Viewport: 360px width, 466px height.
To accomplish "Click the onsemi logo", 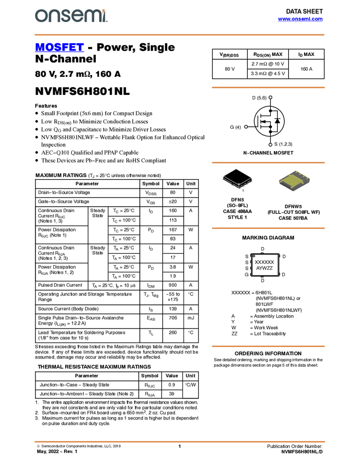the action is point(71,16).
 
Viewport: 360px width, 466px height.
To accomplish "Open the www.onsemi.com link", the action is point(300,19).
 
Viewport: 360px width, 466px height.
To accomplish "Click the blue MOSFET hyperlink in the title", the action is point(59,47).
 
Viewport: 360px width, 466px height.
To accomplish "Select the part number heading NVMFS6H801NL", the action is point(82,91).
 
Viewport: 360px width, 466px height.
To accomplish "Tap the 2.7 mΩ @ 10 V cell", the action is point(267,64).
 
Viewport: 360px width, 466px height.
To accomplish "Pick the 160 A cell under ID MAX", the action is point(306,69).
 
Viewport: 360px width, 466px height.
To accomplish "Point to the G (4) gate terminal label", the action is point(235,127).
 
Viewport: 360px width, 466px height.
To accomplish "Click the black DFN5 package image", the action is point(237,179).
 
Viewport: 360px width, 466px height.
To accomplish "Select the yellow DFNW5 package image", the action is point(294,180).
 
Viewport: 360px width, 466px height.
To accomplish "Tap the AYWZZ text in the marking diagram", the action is point(264,268).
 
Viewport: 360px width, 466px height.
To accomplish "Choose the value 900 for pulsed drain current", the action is point(173,285).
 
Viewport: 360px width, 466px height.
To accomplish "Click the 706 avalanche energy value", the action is point(173,318).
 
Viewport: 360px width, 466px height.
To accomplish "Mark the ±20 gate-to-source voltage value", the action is point(173,202).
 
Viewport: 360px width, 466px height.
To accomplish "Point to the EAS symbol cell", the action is point(151,319).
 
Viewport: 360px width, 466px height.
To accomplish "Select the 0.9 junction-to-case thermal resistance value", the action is point(172,385).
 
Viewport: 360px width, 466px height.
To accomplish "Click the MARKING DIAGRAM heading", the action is point(268,238).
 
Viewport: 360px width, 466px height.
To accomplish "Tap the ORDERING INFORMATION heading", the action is point(268,354).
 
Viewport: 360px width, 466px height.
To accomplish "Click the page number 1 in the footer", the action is point(179,446).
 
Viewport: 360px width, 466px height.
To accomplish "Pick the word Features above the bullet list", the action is point(46,106).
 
